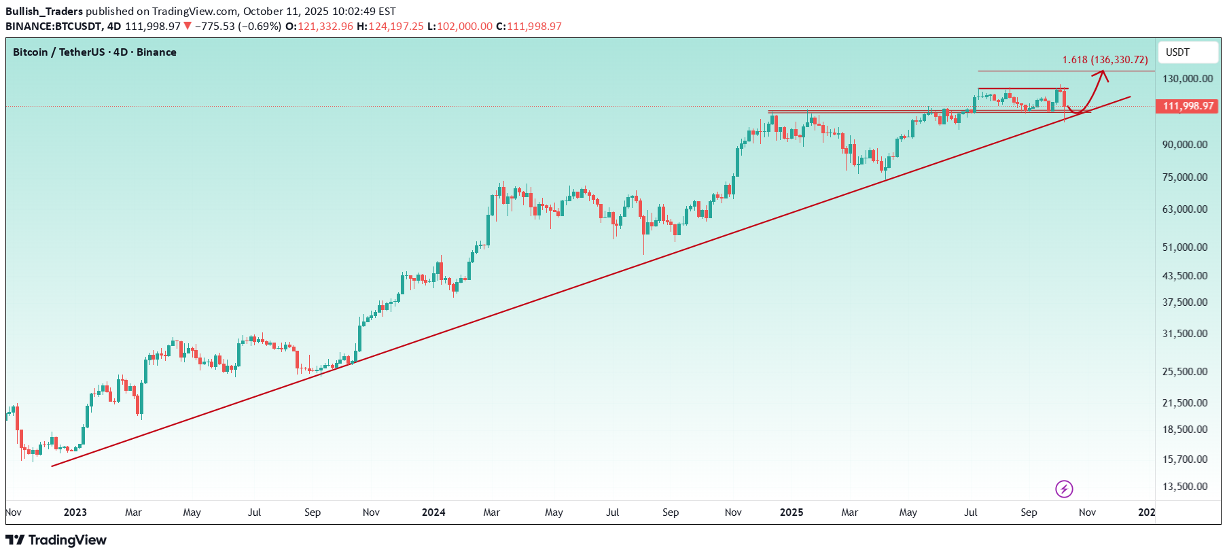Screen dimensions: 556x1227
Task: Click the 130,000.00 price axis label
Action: pos(1187,79)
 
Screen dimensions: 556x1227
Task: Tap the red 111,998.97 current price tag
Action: pos(1188,106)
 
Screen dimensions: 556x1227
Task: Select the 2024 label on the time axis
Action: pos(433,512)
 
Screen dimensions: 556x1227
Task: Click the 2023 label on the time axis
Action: pos(75,512)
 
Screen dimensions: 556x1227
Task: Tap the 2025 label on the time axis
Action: pos(792,512)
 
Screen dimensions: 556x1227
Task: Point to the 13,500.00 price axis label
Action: pos(1185,487)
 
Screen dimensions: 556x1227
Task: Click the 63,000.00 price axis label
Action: pos(1185,209)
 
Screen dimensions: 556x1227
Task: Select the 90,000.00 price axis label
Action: pos(1185,145)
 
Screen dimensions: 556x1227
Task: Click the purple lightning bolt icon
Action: pos(1064,489)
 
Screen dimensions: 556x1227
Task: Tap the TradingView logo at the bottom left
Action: pos(56,540)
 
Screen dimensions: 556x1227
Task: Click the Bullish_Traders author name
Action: pos(44,12)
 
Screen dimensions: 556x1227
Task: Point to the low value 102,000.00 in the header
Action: pos(465,27)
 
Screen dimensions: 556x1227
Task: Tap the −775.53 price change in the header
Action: pos(215,27)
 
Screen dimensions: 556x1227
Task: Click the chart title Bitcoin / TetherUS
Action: pos(59,52)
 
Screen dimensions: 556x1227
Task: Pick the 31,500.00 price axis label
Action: pos(1185,334)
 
